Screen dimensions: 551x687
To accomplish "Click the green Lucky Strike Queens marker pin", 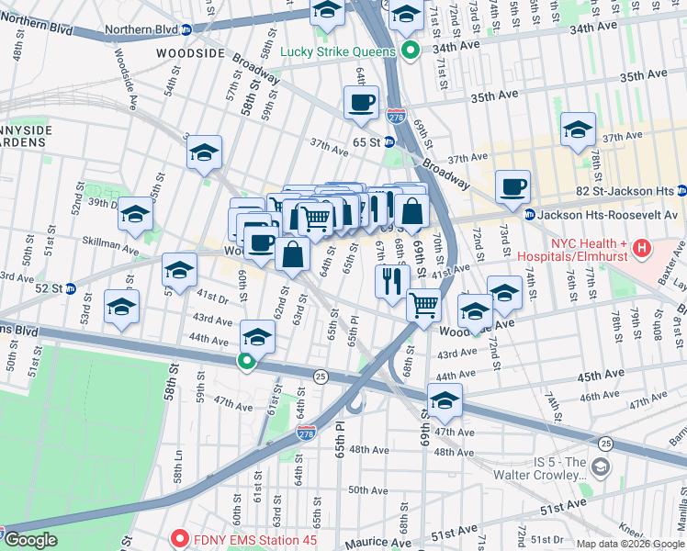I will click(x=412, y=51).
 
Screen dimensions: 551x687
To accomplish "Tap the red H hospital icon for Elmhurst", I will click(x=642, y=248).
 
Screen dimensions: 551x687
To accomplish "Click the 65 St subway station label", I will click(x=366, y=143).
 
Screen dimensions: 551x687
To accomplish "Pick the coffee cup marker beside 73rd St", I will click(x=512, y=187).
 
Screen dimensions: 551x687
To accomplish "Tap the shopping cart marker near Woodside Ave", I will click(x=423, y=305).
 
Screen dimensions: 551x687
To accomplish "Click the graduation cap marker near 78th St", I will click(x=578, y=129).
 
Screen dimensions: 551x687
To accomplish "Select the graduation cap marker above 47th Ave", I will click(x=445, y=400).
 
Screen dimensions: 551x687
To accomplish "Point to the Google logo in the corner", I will click(x=29, y=540).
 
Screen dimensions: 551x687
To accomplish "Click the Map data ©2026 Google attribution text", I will click(x=630, y=544).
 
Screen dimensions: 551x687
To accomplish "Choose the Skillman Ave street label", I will click(x=114, y=244).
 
